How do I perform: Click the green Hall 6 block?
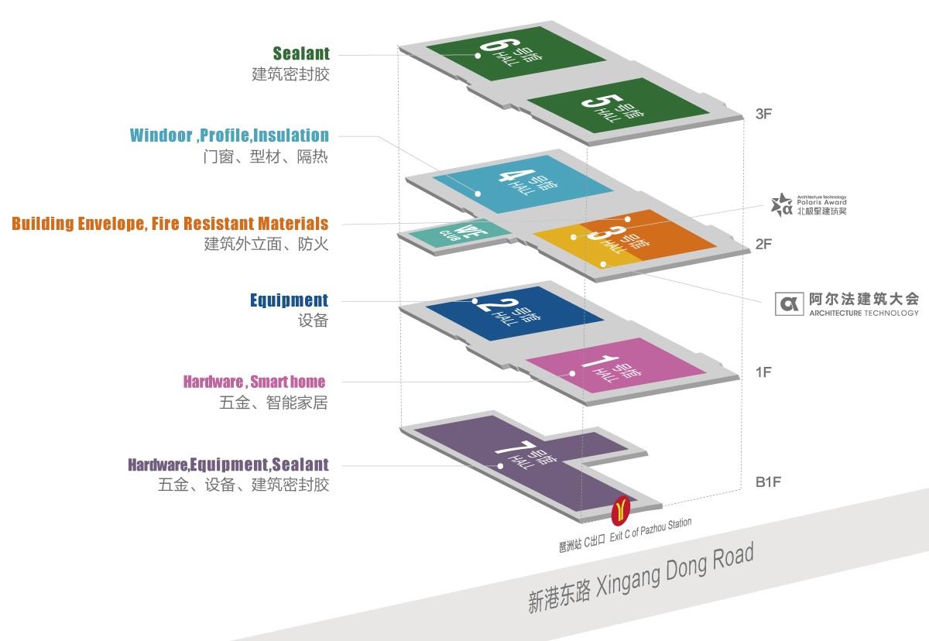click(x=515, y=58)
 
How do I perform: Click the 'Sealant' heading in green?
click(x=301, y=53)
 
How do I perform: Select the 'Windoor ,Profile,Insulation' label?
click(x=229, y=135)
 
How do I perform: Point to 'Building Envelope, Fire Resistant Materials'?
click(x=170, y=224)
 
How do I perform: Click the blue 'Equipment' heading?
click(x=289, y=300)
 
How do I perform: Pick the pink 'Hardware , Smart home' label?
click(x=254, y=382)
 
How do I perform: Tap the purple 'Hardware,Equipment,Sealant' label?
click(x=228, y=464)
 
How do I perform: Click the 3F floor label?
click(x=763, y=114)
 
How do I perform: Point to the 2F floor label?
click(x=763, y=245)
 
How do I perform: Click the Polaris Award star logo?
click(x=781, y=205)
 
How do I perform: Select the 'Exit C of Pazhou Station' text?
click(x=650, y=530)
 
